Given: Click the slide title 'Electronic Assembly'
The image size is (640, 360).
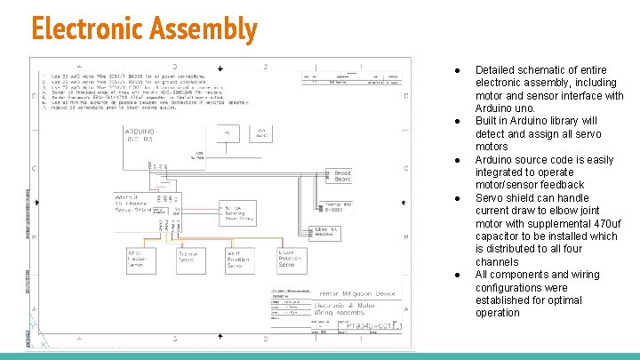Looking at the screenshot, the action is tap(143, 29).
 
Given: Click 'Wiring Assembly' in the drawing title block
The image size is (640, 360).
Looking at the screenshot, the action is tap(348, 312).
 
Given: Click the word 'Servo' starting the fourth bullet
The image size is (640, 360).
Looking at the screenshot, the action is tap(490, 198).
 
